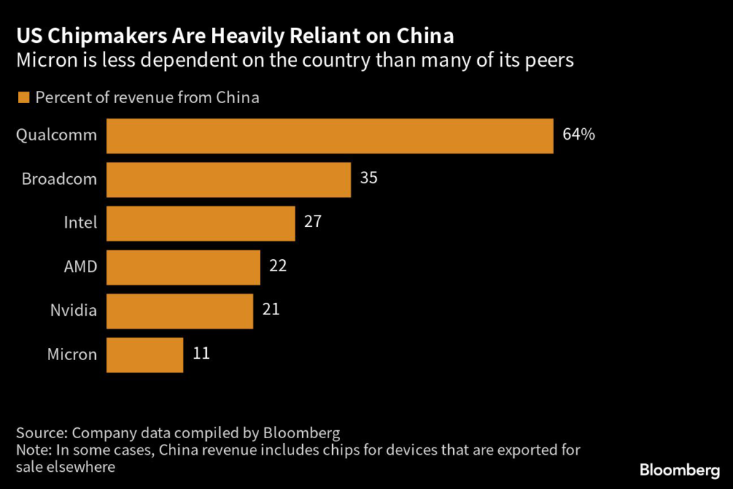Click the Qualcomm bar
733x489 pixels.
click(x=329, y=135)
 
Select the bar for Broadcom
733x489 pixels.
click(x=228, y=179)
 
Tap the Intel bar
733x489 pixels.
click(x=200, y=223)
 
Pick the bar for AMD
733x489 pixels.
click(x=183, y=267)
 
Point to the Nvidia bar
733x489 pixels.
click(x=180, y=311)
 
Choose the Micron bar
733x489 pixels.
click(x=145, y=354)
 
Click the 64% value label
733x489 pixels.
click(x=578, y=135)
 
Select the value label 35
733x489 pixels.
click(x=369, y=178)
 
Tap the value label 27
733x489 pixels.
click(x=313, y=222)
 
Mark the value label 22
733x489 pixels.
click(x=278, y=266)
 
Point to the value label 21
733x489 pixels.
click(x=271, y=310)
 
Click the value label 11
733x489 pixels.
click(x=201, y=354)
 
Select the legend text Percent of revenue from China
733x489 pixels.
click(x=147, y=98)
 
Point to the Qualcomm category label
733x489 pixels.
click(x=57, y=135)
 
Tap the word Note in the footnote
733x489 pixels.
click(x=32, y=450)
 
